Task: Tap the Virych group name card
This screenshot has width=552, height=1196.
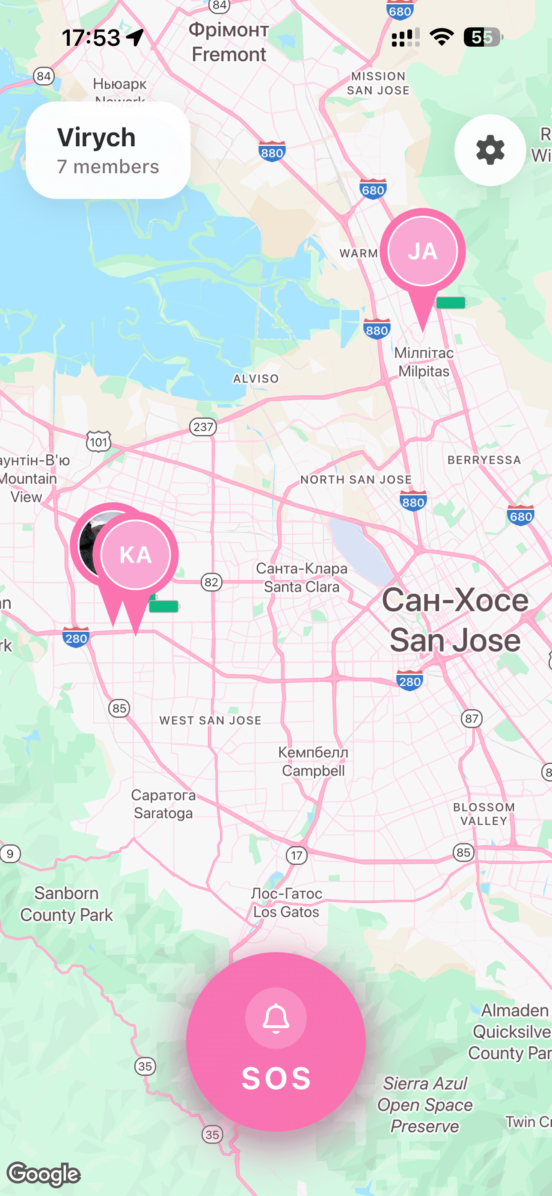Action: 108,150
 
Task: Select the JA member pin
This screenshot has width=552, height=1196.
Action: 422,252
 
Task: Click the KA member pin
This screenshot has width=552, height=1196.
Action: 136,555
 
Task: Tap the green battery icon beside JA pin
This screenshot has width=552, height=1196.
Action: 451,303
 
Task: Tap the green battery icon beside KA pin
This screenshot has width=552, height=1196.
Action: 164,606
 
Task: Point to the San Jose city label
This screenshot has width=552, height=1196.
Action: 455,620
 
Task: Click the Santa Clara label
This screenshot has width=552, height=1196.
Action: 302,577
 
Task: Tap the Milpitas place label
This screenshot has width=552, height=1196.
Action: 424,362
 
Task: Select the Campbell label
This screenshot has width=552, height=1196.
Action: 313,761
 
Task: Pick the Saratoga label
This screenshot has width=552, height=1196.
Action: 163,804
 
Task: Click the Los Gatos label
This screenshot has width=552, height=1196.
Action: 286,903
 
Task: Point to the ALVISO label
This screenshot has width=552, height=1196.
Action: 256,379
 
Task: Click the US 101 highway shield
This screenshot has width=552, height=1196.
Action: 98,441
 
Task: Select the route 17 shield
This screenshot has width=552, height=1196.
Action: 297,855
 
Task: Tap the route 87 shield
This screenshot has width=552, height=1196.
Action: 472,719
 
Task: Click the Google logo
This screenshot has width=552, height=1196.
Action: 44,1174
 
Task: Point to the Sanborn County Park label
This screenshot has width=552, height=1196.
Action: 66,904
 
